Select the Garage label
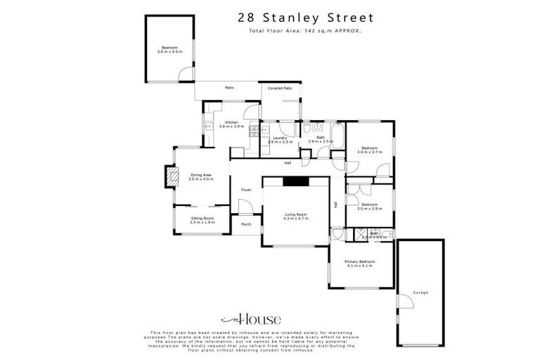(420, 292)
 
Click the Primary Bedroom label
(359, 262)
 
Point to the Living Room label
(296, 214)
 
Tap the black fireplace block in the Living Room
(295, 181)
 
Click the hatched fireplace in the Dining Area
(169, 176)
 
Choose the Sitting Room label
(202, 219)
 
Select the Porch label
(246, 224)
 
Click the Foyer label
(246, 190)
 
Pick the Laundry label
(278, 138)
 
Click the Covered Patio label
(280, 88)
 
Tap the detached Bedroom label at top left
(169, 48)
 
